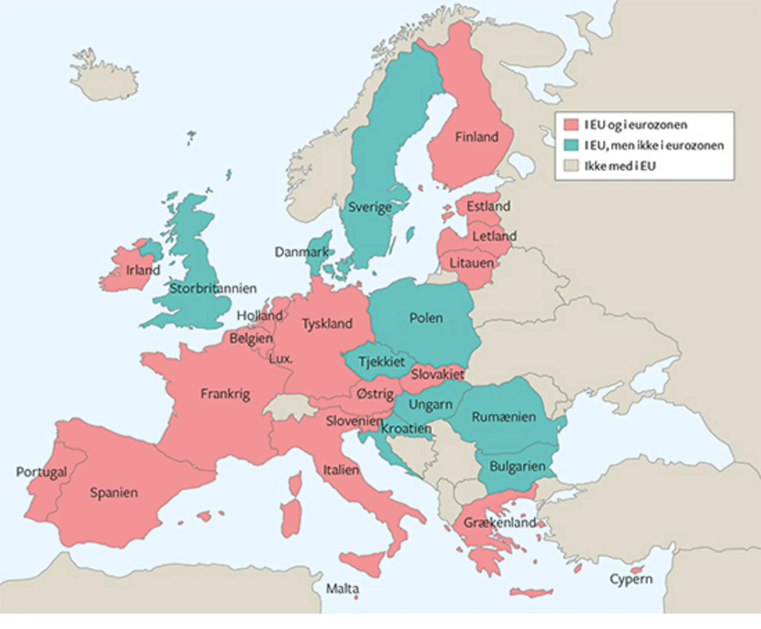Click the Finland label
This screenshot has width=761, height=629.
point(476,137)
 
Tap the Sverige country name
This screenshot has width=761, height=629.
point(370,207)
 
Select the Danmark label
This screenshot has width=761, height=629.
point(302,252)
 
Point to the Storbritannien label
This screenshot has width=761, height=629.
point(213,288)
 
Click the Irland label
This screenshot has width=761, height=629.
point(143,270)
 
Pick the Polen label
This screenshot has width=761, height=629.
point(426,318)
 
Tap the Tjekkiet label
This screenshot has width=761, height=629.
point(382,362)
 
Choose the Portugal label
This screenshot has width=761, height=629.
point(41,472)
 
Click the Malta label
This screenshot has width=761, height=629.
point(342,589)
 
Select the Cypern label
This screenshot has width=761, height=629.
point(631,579)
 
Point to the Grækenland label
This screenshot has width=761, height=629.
point(499,522)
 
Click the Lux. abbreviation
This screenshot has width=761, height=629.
point(280,359)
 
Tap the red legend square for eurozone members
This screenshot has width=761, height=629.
point(571,125)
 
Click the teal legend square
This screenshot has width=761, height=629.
point(571,145)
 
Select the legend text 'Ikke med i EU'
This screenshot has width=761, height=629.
point(620,166)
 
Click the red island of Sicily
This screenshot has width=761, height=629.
point(361,562)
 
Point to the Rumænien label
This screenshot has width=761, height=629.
point(504,417)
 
